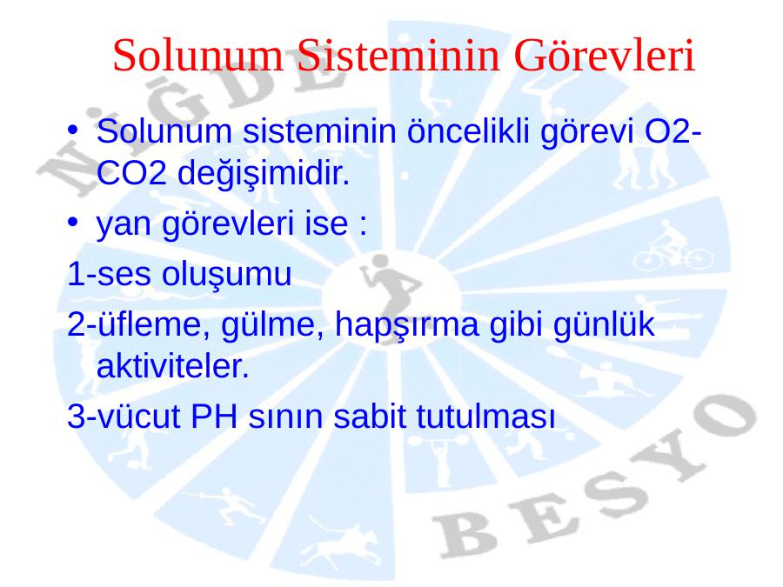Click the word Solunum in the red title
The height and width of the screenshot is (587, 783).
(x=197, y=55)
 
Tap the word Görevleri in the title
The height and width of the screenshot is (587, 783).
(x=605, y=55)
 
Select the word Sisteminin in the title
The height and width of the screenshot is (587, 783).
(x=398, y=55)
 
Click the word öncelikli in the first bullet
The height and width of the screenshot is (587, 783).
(x=468, y=131)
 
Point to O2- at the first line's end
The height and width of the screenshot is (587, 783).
(x=673, y=131)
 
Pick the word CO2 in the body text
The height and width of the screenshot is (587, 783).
(x=131, y=173)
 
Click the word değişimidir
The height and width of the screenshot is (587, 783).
(x=264, y=174)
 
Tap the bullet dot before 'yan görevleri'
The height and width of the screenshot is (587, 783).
(x=73, y=221)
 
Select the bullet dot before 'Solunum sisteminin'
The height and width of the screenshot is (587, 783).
(x=73, y=130)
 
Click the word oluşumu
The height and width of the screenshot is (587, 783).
(x=227, y=275)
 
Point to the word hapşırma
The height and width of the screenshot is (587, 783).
(x=406, y=325)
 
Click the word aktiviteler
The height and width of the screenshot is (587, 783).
(x=172, y=366)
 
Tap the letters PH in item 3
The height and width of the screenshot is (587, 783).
(x=214, y=417)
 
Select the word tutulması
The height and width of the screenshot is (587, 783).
(x=485, y=417)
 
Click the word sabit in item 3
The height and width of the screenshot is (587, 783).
(x=369, y=417)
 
